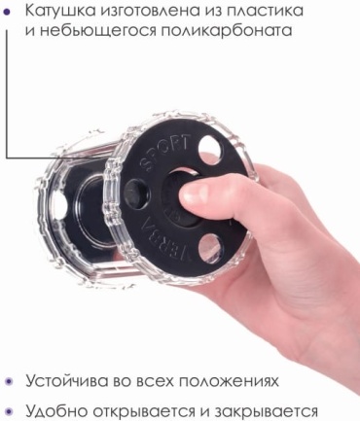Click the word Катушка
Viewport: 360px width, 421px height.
(60, 11)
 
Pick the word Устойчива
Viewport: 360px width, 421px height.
(66, 381)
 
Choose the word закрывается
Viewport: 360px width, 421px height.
(265, 411)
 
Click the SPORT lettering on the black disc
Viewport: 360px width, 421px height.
(164, 152)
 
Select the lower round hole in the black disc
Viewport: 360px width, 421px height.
(211, 249)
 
